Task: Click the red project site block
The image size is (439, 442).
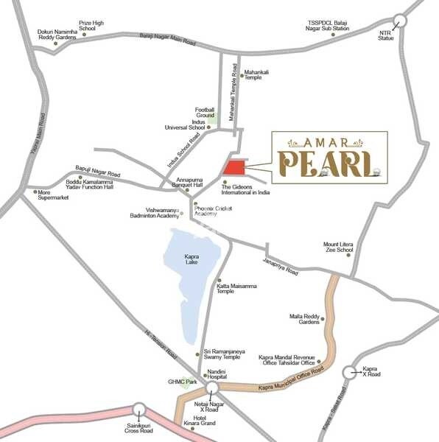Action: pos(235,167)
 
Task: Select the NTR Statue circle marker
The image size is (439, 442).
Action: pos(401,21)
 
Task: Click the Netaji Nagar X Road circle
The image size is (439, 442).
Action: pos(212,388)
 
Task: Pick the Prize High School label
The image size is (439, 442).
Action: pos(92,27)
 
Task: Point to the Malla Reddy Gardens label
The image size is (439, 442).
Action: pos(305,319)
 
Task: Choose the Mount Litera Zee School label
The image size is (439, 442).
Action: pos(339,247)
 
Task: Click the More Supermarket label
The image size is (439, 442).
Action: pos(52,194)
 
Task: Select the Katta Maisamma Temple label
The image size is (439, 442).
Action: pos(236,288)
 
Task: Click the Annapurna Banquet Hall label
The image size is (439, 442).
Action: pos(193,182)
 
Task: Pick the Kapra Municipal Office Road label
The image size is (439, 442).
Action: pos(291,379)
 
